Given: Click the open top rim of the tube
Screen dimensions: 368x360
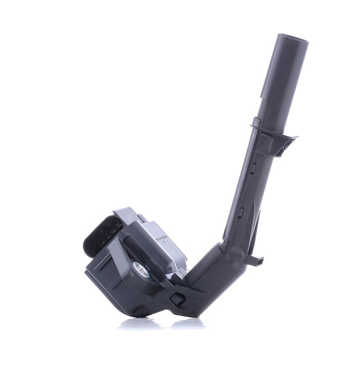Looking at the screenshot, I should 292,39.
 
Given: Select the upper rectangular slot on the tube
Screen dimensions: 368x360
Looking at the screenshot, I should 253,167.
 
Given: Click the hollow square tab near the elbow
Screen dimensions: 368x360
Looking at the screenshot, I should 177,299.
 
